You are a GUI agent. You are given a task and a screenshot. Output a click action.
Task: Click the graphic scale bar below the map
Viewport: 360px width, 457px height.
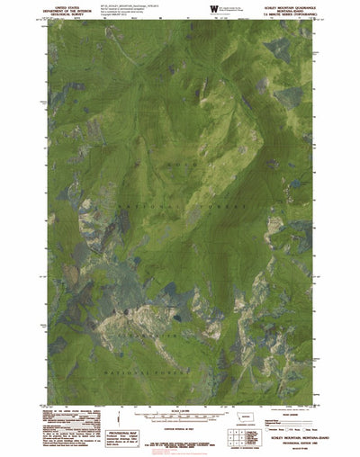[x=180, y=417]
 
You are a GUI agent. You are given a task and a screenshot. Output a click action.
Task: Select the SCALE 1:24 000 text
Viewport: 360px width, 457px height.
[x=180, y=412]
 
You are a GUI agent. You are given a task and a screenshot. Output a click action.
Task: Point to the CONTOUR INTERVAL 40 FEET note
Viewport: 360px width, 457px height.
[x=180, y=426]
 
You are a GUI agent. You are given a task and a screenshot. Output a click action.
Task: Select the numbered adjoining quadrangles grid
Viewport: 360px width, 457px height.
[x=237, y=438]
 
